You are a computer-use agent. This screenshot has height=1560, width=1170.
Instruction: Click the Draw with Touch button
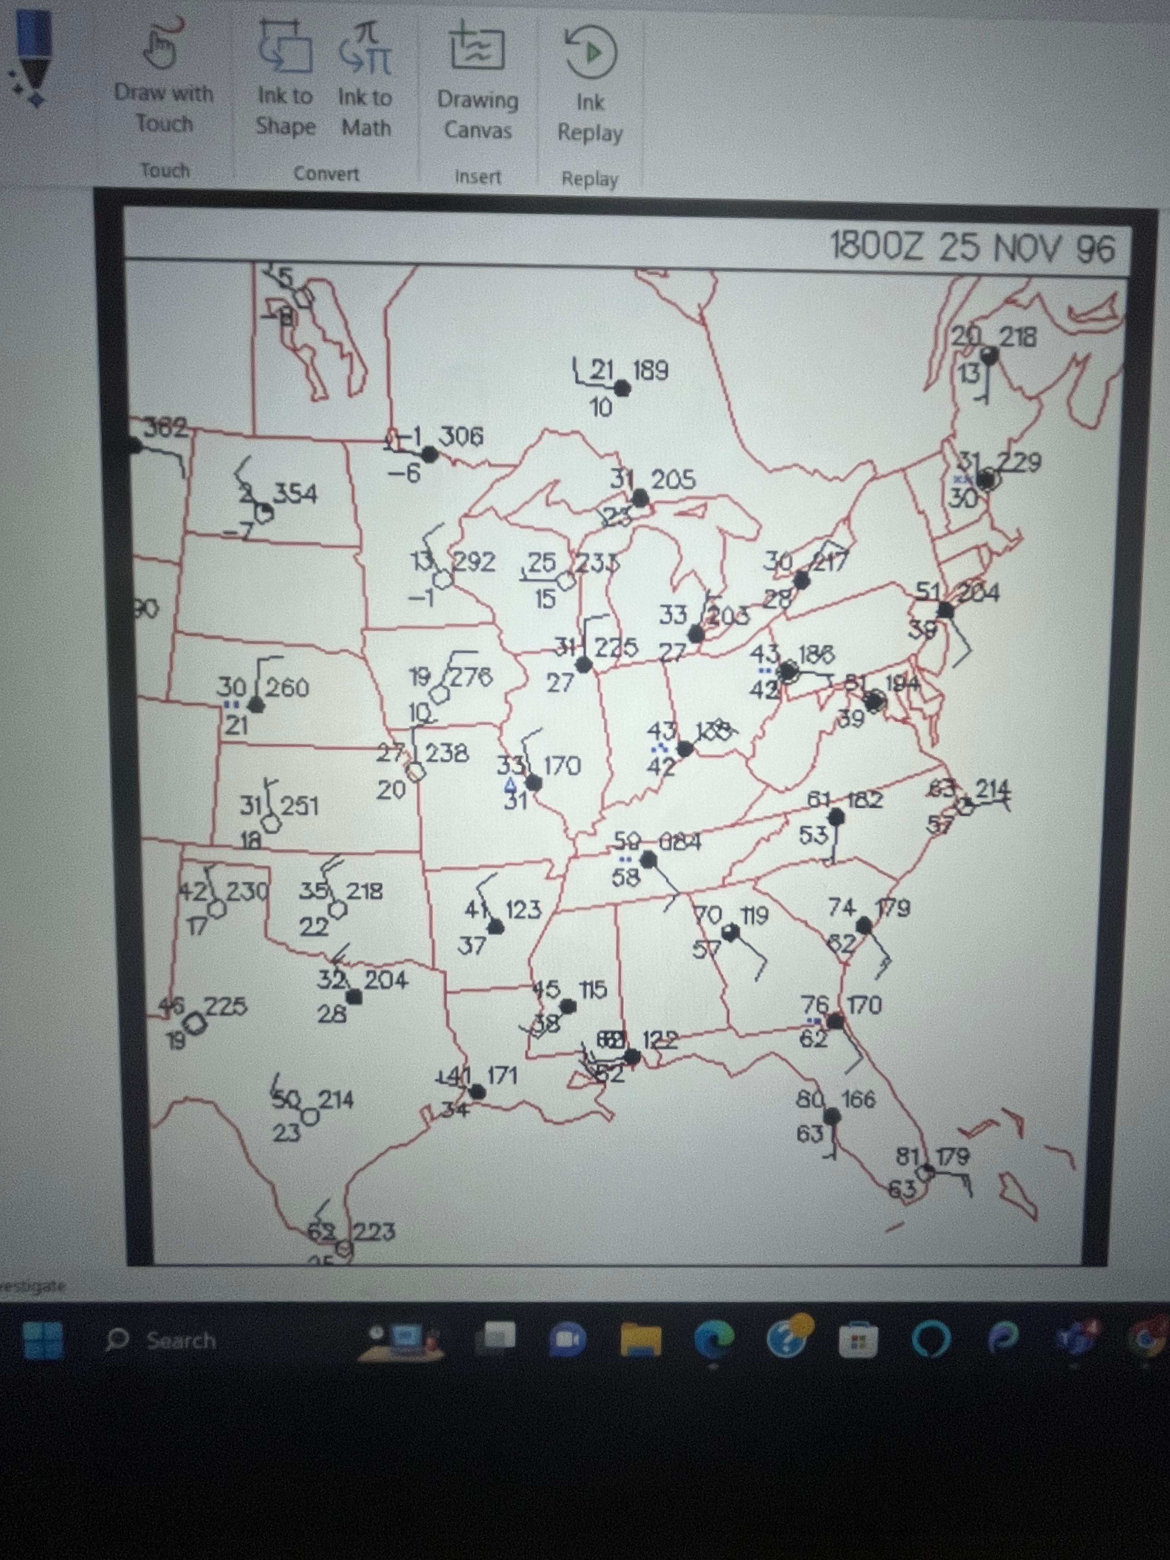tap(164, 78)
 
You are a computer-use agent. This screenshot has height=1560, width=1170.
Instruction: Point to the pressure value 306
tap(461, 437)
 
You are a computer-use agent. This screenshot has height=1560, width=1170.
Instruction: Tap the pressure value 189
tap(650, 370)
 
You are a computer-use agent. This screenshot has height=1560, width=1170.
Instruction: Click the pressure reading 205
tap(673, 480)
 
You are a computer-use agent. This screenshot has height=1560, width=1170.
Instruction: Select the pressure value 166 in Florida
tap(858, 1100)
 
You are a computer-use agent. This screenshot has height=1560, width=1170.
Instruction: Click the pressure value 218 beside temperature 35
tap(364, 891)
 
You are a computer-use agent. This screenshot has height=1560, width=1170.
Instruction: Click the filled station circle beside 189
tap(622, 388)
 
